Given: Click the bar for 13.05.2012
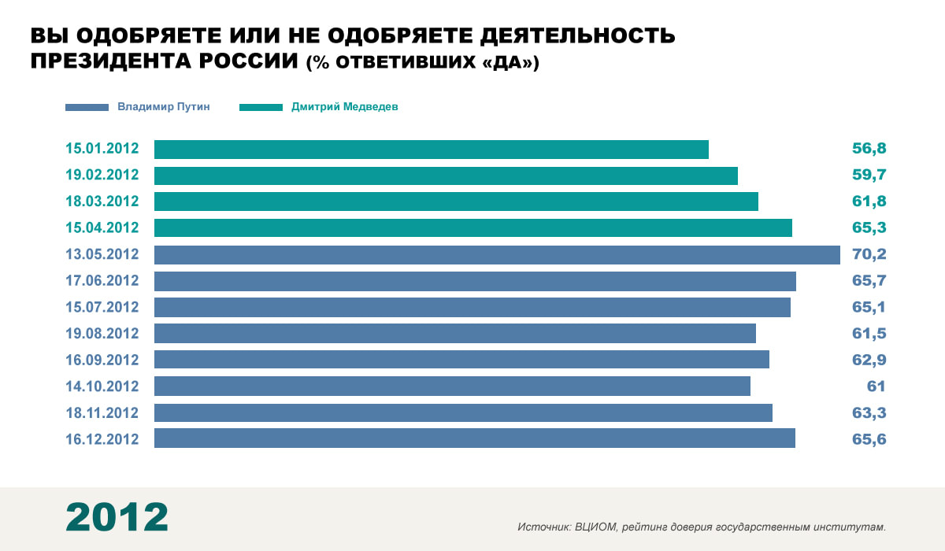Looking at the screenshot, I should (497, 254).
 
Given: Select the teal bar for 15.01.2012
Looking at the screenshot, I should (432, 149).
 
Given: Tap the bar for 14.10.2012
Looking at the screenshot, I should (452, 386).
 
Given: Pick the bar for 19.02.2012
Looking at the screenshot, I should (446, 176).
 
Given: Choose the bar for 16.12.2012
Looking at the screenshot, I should (475, 438).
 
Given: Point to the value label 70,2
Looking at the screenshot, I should (869, 254).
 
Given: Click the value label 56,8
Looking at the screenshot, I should (869, 149).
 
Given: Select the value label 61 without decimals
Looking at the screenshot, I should (876, 386).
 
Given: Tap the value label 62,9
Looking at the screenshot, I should (869, 360).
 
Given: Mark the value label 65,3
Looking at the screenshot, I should (869, 228).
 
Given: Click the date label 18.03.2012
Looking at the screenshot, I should (102, 202).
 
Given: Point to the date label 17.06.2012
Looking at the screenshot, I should (102, 281).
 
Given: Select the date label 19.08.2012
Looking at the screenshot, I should (102, 334).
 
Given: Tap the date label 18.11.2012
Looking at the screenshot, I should (102, 412).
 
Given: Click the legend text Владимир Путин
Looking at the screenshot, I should (164, 106).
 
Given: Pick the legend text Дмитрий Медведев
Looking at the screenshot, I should (345, 106).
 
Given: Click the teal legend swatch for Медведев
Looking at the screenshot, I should (260, 107).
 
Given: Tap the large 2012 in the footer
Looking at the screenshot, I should (117, 517).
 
